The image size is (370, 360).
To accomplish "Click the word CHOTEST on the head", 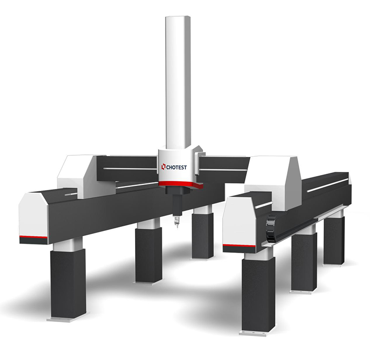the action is pyautogui.click(x=177, y=167).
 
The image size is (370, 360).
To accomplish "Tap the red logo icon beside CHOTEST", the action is pyautogui.click(x=163, y=167).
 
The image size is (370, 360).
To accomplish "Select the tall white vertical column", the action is pyautogui.click(x=178, y=83).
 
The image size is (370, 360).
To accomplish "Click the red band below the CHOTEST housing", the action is pyautogui.click(x=180, y=184).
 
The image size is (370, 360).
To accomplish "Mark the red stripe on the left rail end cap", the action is pyautogui.click(x=33, y=237).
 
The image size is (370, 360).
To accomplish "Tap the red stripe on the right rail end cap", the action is pyautogui.click(x=239, y=246).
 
